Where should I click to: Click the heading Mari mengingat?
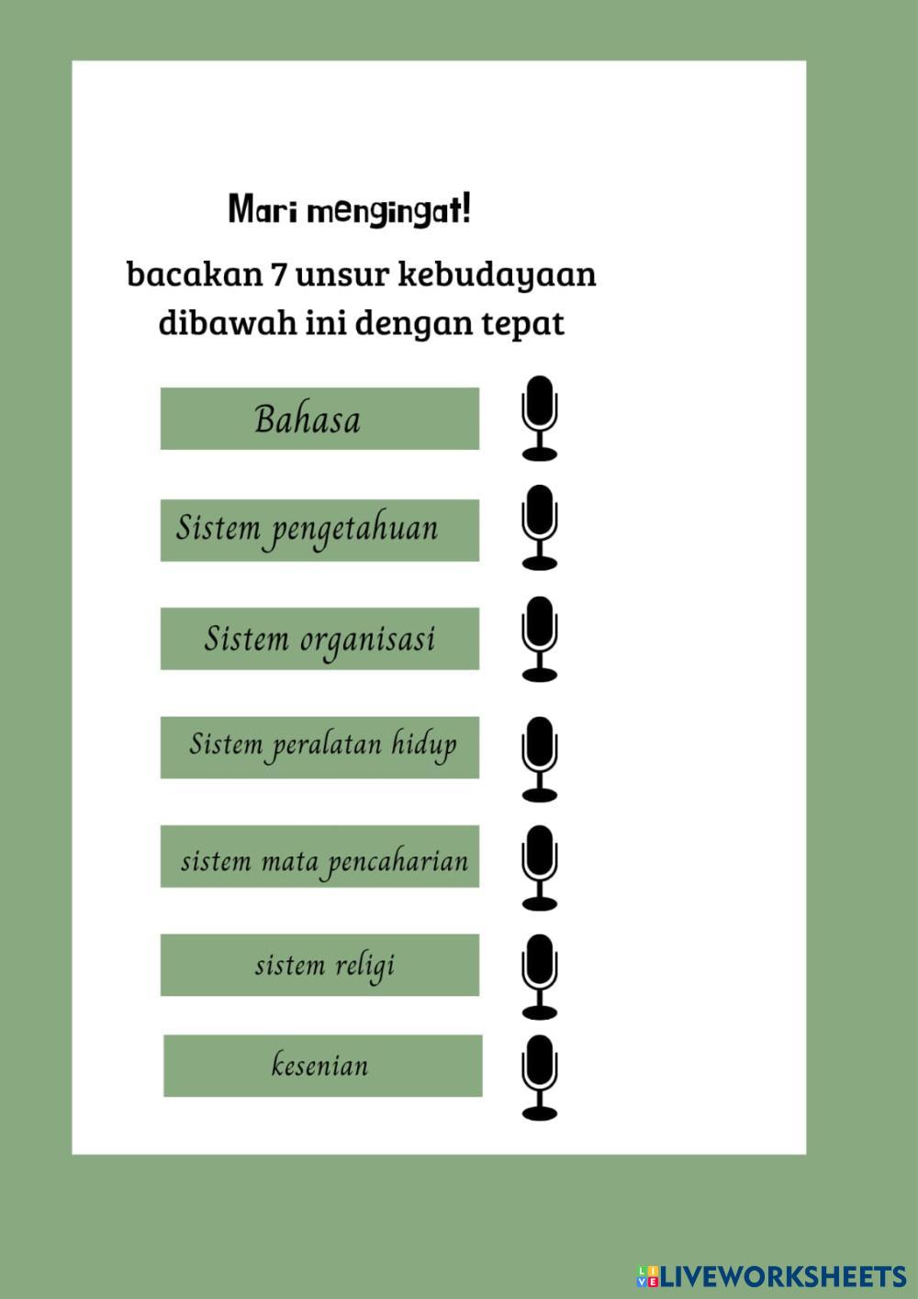tap(350, 210)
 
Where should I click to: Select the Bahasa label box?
tap(319, 419)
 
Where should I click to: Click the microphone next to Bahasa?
tap(539, 418)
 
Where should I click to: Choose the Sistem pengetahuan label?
tap(319, 530)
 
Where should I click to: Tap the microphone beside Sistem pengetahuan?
tap(539, 528)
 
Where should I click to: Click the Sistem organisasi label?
tap(319, 638)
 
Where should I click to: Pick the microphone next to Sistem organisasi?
tap(539, 639)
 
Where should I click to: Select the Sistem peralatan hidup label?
tap(319, 747)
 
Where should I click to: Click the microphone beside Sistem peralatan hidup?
tap(539, 758)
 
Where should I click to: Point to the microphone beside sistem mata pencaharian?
tap(539, 868)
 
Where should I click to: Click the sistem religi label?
tap(319, 965)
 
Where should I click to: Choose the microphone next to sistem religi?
tap(539, 977)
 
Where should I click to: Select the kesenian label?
tap(322, 1066)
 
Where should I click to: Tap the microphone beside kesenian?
tap(539, 1078)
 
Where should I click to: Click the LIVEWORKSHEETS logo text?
tap(782, 1276)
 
